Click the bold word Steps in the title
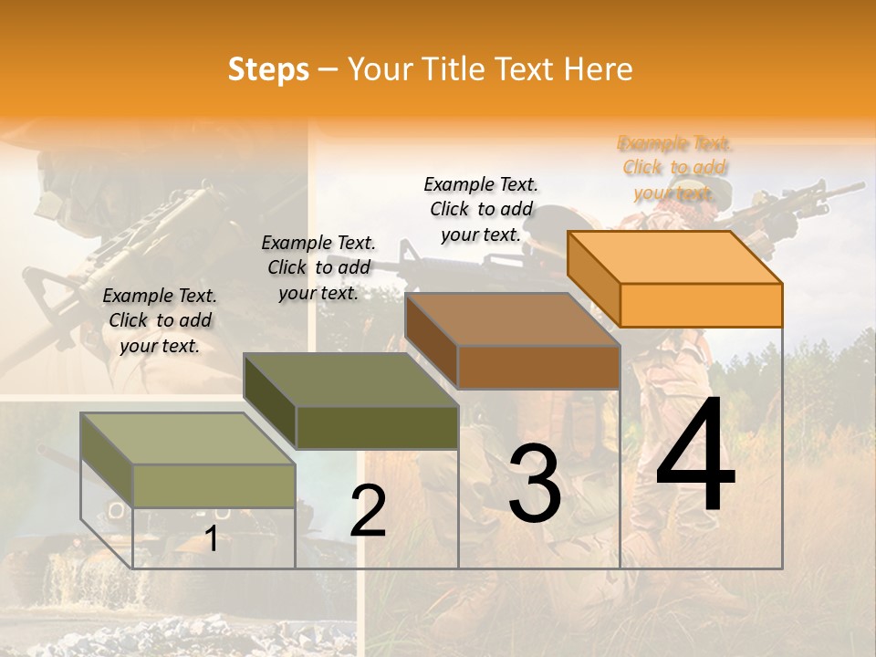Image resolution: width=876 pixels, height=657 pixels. [x=268, y=70]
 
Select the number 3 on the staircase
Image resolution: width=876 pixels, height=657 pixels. [x=535, y=485]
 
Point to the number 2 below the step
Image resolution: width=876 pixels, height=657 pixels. [x=368, y=512]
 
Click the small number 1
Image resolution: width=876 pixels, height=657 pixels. [x=212, y=539]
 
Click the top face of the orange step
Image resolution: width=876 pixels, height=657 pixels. [x=673, y=256]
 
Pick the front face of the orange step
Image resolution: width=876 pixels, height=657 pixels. [x=701, y=305]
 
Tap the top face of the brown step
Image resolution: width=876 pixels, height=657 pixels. [x=511, y=319]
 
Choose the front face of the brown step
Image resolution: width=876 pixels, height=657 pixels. [x=538, y=367]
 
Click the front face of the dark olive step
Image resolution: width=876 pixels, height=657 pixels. [x=377, y=427]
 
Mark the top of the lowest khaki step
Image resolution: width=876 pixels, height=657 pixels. [x=187, y=438]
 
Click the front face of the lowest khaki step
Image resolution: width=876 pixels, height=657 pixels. [x=214, y=485]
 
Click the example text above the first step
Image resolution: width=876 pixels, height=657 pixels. [x=160, y=320]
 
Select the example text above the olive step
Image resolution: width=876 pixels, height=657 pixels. [x=318, y=267]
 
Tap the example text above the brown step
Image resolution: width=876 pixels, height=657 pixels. [x=481, y=209]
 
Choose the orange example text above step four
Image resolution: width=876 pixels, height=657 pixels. [x=674, y=168]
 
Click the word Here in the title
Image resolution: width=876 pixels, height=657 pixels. [x=599, y=70]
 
